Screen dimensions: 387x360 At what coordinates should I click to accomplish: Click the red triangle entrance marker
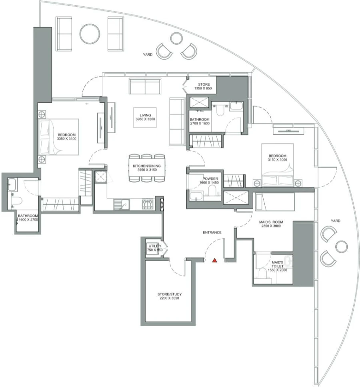point(214,260)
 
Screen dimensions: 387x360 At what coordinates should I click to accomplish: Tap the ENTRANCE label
point(212,232)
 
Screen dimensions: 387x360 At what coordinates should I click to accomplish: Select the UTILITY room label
point(154,246)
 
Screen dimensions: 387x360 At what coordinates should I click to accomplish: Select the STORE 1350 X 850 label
point(202,86)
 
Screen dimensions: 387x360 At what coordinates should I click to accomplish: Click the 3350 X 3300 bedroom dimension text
point(66,139)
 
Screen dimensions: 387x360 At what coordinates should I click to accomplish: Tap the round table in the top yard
point(90,33)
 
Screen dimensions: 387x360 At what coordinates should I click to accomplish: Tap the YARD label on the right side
point(335,221)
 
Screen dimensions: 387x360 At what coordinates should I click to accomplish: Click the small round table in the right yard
point(341,246)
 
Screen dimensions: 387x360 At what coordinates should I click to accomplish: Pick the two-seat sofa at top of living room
point(145,86)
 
